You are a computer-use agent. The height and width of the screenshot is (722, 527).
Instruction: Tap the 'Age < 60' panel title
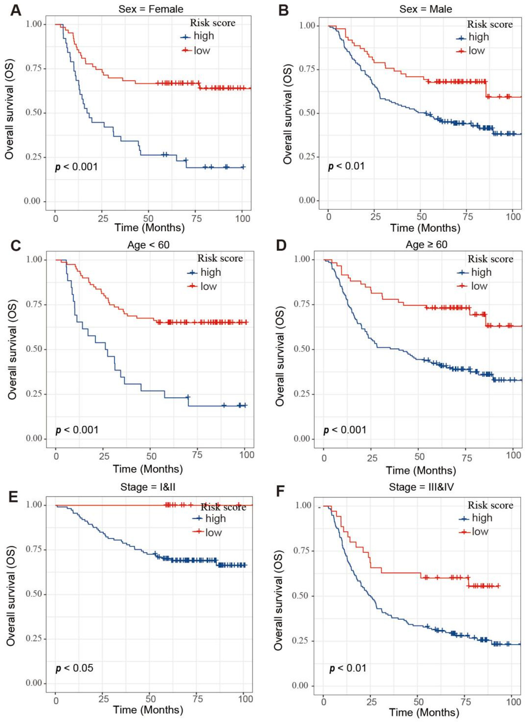pos(148,245)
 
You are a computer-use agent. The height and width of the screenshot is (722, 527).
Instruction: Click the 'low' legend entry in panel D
pos(479,286)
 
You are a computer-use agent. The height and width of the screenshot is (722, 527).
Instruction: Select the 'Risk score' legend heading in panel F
pos(490,505)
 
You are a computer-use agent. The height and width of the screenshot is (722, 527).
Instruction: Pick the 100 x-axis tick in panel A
pos(242,219)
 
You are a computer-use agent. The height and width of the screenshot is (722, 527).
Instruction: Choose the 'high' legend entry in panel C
pos(210,272)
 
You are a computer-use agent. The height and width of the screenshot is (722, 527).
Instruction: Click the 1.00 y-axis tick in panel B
pos(307,26)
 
